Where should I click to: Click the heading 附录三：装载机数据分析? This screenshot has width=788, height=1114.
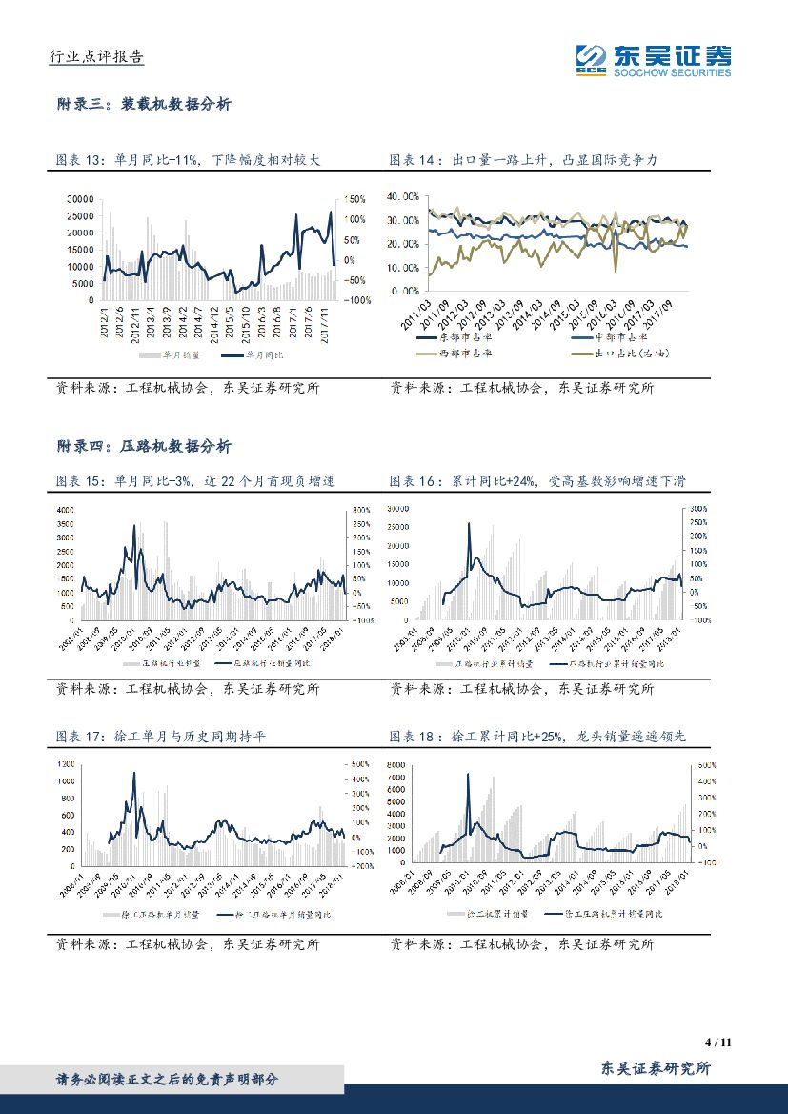(144, 105)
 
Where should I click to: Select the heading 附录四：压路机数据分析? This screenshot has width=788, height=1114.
(144, 446)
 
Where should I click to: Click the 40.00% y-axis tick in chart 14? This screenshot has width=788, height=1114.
(406, 196)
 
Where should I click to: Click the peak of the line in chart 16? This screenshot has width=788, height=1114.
(468, 523)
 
